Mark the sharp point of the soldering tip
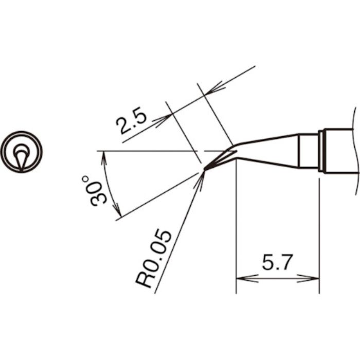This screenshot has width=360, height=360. click(x=205, y=168)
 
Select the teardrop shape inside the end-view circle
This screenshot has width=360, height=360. click(x=21, y=157)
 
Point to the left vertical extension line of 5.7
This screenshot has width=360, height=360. click(x=236, y=231)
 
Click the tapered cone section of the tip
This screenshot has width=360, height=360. click(x=267, y=152)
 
